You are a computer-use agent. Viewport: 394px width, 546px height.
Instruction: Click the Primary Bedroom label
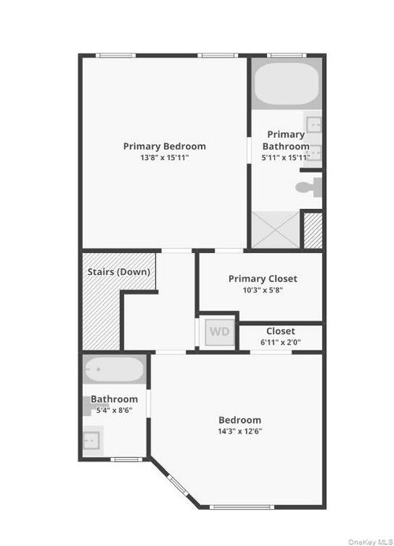(165, 146)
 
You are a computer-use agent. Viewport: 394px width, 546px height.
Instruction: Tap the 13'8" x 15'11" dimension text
(165, 158)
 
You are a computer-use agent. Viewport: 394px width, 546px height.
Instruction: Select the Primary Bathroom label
(286, 140)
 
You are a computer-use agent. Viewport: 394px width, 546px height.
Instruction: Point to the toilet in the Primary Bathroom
(309, 187)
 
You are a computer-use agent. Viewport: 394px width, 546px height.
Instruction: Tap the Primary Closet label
(262, 278)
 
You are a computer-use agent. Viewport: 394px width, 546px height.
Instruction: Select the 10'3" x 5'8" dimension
(262, 290)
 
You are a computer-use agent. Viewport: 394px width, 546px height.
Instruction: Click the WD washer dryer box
(219, 332)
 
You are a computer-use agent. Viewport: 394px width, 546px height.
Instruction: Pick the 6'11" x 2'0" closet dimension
(281, 342)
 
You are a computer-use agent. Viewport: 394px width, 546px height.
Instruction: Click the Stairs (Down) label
(118, 272)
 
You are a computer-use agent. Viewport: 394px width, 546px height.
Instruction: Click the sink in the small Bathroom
(93, 438)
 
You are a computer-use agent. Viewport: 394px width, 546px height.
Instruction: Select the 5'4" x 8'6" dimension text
(114, 410)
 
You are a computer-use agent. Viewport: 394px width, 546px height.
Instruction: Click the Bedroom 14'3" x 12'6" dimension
(240, 432)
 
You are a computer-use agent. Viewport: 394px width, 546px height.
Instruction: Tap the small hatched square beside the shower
(313, 231)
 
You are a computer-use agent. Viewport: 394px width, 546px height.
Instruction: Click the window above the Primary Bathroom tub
(286, 55)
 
